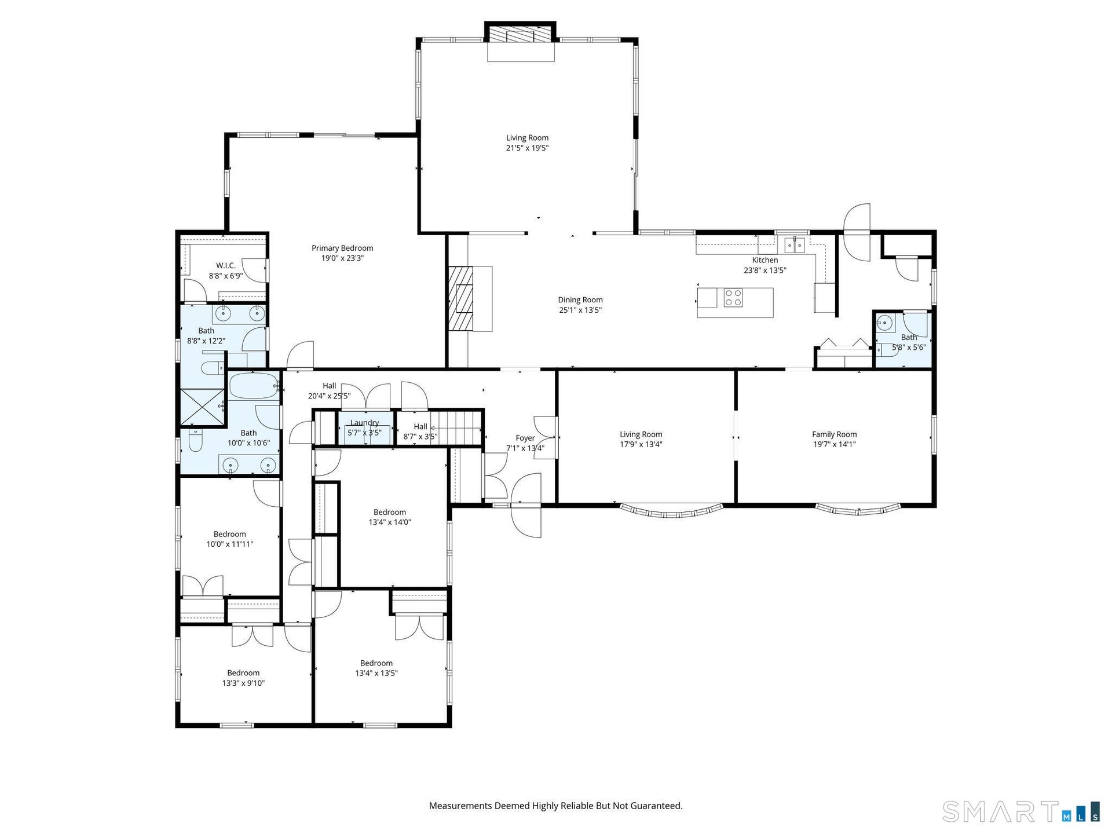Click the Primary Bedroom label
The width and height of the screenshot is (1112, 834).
pyautogui.click(x=342, y=248)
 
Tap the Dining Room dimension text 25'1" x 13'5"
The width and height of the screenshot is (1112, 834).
pyautogui.click(x=580, y=310)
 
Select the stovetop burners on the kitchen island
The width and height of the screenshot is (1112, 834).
pyautogui.click(x=733, y=298)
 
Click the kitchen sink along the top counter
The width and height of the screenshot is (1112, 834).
pyautogui.click(x=795, y=246)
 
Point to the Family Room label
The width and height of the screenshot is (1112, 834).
pyautogui.click(x=834, y=434)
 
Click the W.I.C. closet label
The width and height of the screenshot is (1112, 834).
pyautogui.click(x=226, y=266)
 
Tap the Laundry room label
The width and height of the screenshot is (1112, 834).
pyautogui.click(x=365, y=423)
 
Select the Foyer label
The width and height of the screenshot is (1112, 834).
pyautogui.click(x=525, y=438)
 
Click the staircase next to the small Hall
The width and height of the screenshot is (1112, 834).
pyautogui.click(x=458, y=427)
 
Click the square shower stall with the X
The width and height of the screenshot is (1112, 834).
pyautogui.click(x=202, y=408)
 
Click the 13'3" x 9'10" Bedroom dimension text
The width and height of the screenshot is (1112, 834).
pyautogui.click(x=243, y=683)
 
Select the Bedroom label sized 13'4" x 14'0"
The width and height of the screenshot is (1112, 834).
pyautogui.click(x=390, y=513)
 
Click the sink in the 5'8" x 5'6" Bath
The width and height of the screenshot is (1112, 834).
pyautogui.click(x=884, y=323)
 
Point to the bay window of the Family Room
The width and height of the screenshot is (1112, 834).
pyautogui.click(x=858, y=510)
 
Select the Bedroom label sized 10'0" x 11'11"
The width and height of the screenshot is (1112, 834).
pyautogui.click(x=230, y=535)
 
